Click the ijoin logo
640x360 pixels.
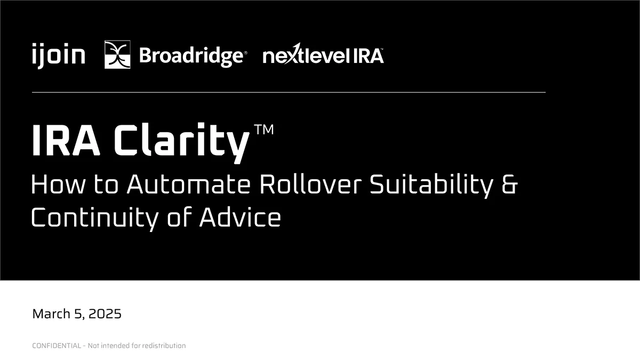[59, 55]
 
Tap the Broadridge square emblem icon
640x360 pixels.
[117, 54]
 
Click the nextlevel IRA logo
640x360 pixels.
[323, 54]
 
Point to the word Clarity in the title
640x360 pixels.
[182, 142]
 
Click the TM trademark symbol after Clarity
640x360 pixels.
[263, 130]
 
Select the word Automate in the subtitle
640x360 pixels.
[189, 185]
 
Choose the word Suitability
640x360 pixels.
[431, 185]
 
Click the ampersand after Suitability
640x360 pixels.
[510, 185]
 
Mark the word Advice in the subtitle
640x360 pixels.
[240, 217]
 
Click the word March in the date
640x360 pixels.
[51, 314]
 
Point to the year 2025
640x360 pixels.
[105, 314]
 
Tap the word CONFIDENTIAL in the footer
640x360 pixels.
[57, 346]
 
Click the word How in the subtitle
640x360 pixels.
[58, 185]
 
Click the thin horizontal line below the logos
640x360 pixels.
[289, 92]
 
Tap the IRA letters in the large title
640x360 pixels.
[66, 140]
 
